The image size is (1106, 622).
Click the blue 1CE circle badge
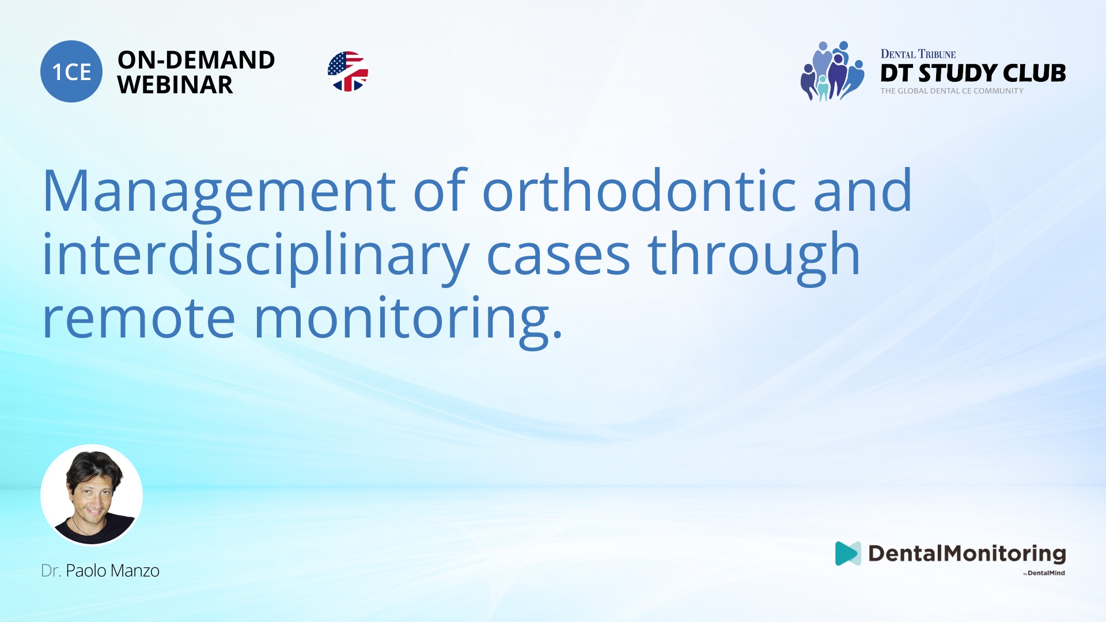(x=71, y=71)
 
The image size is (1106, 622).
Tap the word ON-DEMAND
(x=196, y=60)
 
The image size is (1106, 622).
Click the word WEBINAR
(x=175, y=85)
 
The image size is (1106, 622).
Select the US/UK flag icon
(x=348, y=71)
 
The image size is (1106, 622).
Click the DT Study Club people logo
(x=832, y=71)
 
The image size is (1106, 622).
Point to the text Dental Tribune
(x=918, y=54)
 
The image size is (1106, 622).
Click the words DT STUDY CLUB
(x=972, y=73)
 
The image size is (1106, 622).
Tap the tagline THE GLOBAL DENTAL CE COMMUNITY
(x=952, y=91)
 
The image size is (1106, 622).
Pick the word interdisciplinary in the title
(x=256, y=255)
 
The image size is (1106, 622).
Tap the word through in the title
(x=753, y=255)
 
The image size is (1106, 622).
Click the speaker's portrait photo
(x=92, y=495)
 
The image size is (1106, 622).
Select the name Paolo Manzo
(x=112, y=571)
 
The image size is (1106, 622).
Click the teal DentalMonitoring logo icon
(x=847, y=553)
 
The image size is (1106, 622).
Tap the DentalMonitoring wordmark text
(x=967, y=553)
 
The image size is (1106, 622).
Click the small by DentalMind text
(x=1044, y=573)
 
